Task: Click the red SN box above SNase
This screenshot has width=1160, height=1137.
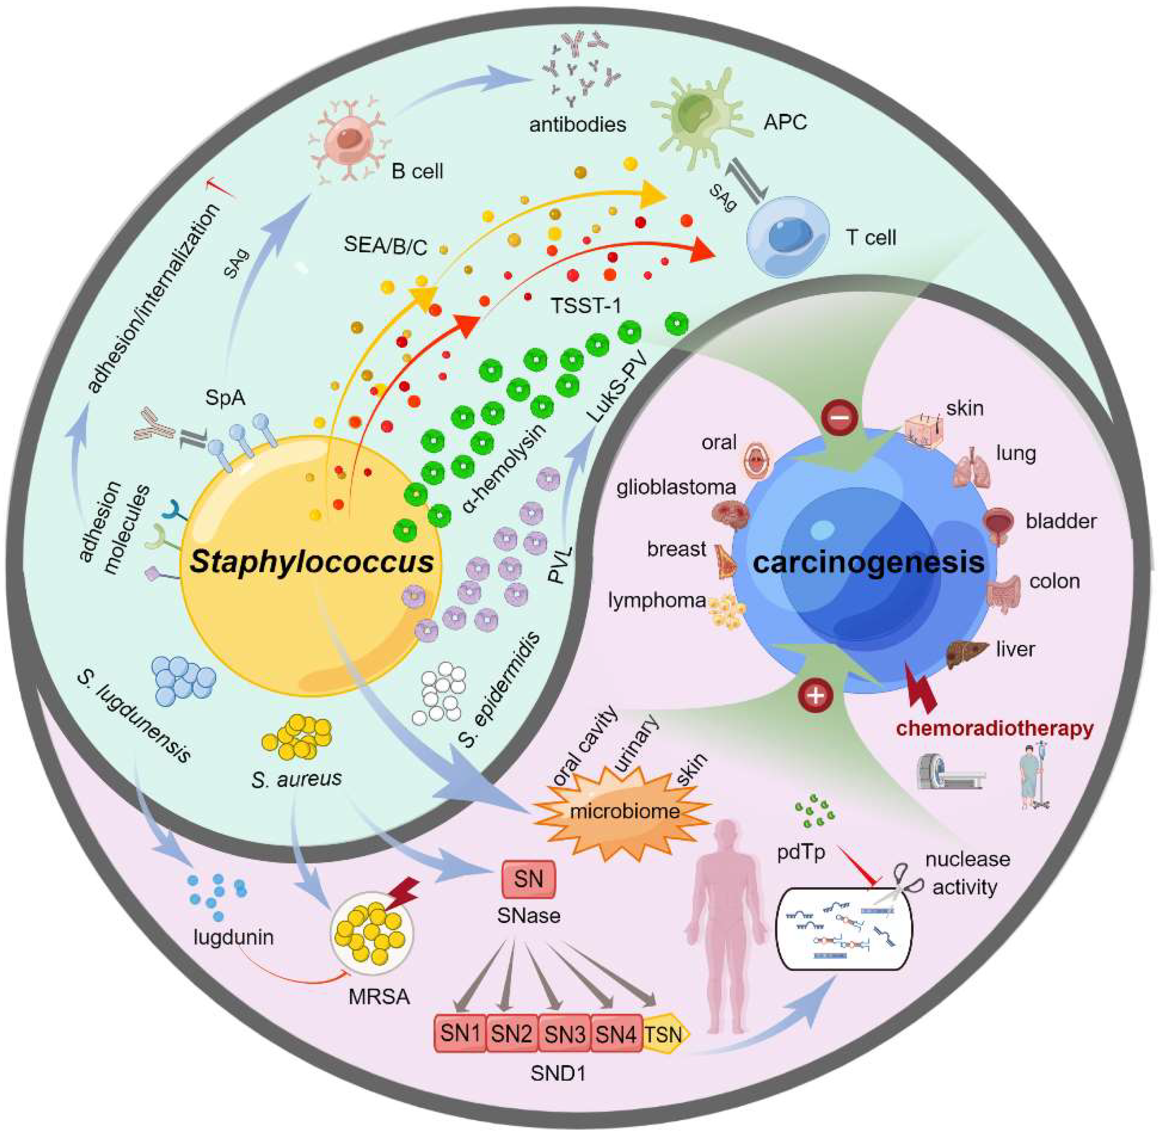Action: click(x=528, y=878)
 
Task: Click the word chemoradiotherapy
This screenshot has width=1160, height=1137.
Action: click(x=994, y=728)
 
